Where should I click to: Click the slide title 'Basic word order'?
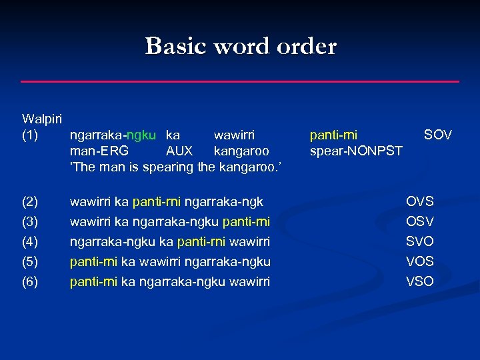click(241, 47)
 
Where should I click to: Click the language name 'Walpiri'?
click(42, 119)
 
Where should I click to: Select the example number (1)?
click(31, 135)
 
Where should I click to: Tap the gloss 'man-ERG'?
click(99, 151)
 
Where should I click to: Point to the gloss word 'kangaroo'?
click(241, 151)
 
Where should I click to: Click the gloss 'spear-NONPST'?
click(356, 151)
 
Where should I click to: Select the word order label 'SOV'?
click(438, 135)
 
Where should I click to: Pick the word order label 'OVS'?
click(420, 201)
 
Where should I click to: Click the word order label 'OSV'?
click(420, 221)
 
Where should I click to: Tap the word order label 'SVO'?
click(420, 241)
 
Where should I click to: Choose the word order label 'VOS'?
click(420, 261)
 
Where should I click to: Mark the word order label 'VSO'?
click(420, 281)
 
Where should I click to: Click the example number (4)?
click(31, 241)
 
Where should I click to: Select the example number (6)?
click(31, 281)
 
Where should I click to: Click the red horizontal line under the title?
click(240, 81)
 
